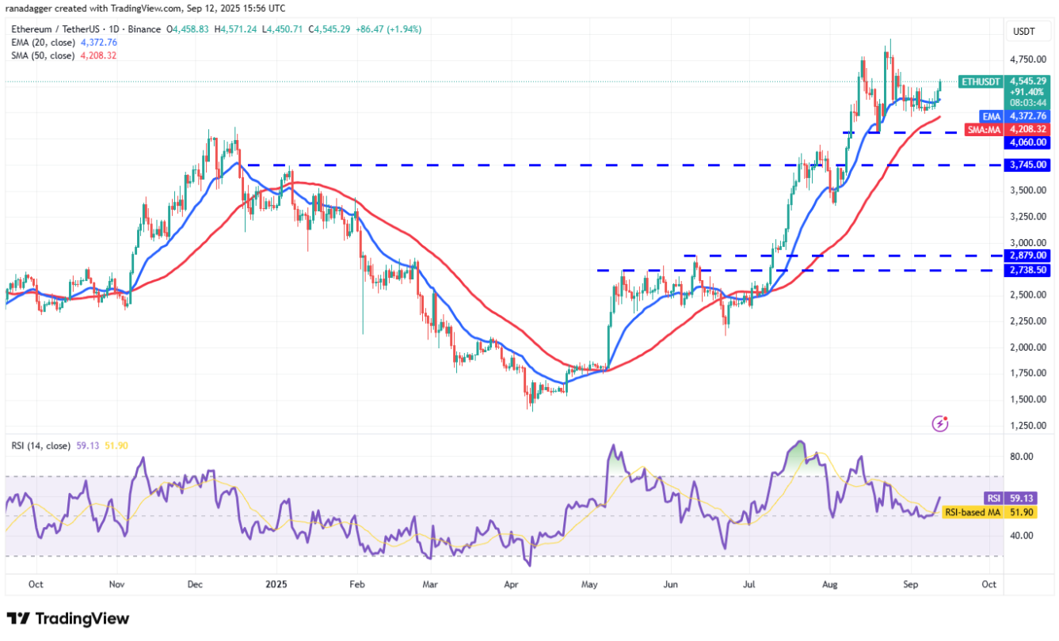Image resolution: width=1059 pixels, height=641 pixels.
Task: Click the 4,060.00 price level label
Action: (x=1028, y=142)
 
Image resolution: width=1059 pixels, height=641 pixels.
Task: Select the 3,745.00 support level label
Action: (x=1028, y=165)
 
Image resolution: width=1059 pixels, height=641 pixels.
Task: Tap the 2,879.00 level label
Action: (x=1028, y=256)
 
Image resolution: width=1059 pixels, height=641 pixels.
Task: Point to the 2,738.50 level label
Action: (x=1028, y=270)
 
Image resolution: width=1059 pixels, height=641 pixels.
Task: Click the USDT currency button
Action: (x=1023, y=32)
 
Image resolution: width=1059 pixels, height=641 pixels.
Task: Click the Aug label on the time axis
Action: (x=829, y=586)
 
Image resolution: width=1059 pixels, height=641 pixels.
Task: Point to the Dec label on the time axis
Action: (x=196, y=586)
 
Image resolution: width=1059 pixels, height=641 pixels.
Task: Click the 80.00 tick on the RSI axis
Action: (x=1022, y=457)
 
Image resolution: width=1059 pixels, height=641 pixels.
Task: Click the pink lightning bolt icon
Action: (x=940, y=423)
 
